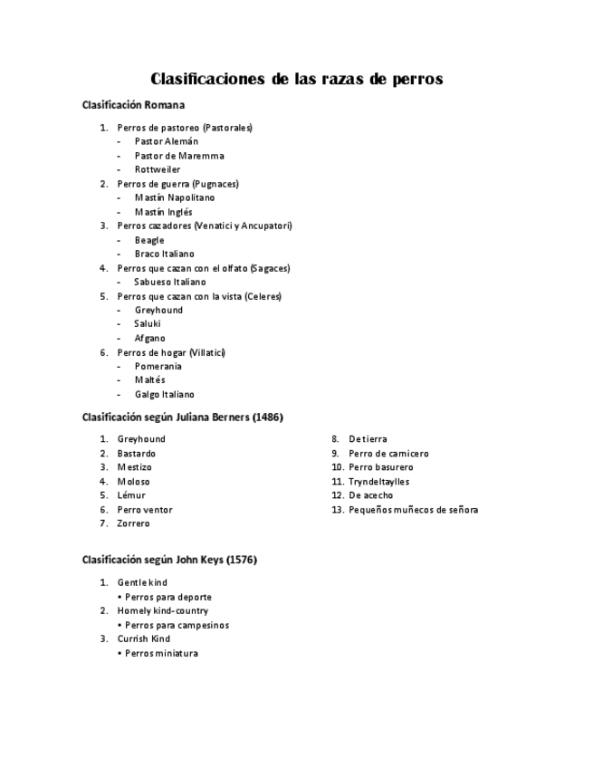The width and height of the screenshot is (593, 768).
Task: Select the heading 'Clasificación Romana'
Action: [x=133, y=105]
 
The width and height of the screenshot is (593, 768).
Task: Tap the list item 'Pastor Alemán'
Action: [x=167, y=141]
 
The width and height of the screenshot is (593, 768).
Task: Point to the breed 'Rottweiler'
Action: [x=158, y=169]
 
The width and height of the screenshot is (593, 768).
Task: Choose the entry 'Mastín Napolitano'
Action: [x=175, y=197]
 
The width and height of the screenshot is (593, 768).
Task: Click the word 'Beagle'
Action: [x=149, y=240]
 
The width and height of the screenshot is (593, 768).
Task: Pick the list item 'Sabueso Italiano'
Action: [x=170, y=282]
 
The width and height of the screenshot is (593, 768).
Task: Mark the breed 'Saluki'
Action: [x=148, y=323]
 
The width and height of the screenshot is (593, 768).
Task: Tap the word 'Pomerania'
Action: [x=158, y=366]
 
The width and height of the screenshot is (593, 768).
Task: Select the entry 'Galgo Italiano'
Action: [x=165, y=394]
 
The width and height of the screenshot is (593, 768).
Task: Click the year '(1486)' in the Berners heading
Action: [x=268, y=418]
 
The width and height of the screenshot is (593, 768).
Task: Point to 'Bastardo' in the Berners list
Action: [x=136, y=453]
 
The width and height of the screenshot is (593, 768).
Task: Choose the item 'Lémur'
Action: [x=131, y=495]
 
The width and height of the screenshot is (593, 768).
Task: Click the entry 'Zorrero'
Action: [x=133, y=523]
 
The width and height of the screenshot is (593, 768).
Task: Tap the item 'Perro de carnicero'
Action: [x=388, y=453]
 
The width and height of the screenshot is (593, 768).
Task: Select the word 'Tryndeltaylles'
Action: [x=378, y=481]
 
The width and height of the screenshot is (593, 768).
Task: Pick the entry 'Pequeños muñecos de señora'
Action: [x=413, y=509]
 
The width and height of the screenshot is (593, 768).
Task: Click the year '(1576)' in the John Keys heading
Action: [x=242, y=560]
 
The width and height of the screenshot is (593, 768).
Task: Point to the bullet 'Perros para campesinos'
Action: [x=177, y=625]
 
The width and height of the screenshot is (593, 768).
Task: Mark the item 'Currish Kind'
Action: [x=143, y=638]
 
